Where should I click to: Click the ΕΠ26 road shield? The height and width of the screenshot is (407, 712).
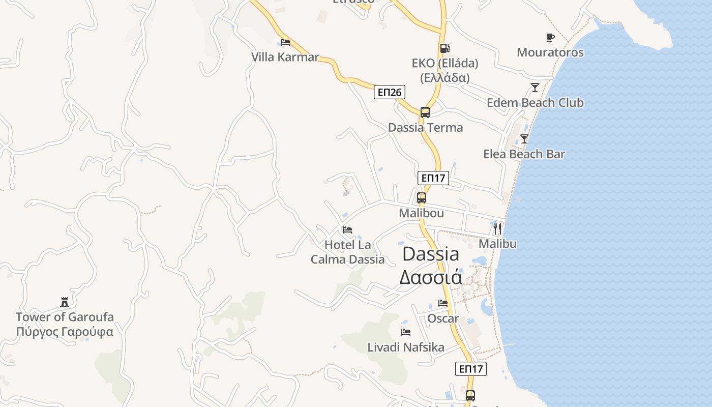pos(390,92)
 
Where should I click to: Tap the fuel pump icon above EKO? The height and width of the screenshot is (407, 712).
pos(444,48)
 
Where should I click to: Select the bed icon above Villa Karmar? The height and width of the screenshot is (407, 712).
pos(285,42)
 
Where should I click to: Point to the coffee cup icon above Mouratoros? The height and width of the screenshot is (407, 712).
pos(550,37)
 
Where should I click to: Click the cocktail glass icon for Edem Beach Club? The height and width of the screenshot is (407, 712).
pos(535,88)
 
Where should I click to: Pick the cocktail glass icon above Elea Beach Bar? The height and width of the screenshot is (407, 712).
pos(524,138)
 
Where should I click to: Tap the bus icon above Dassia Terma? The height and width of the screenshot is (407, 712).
pos(425,112)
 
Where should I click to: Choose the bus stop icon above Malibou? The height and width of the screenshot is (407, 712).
pos(421,198)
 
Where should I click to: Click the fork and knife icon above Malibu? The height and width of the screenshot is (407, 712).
pos(497,228)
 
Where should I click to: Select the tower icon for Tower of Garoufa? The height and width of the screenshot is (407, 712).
pos(65,302)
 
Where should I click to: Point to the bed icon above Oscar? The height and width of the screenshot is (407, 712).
pos(443,303)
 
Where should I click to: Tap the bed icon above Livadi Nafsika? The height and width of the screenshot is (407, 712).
pos(406,332)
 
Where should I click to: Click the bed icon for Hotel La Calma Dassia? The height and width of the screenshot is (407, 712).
pos(347,230)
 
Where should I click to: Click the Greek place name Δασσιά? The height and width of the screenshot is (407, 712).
pos(430,278)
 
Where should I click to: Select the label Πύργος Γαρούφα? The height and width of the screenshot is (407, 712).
pos(65,332)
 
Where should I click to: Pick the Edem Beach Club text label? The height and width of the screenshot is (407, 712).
pos(535,103)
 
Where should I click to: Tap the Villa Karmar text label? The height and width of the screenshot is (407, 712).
pos(285,57)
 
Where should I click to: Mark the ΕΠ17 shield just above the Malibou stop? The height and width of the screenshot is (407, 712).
pos(433,178)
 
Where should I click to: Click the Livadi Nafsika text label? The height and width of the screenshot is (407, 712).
pos(406,347)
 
